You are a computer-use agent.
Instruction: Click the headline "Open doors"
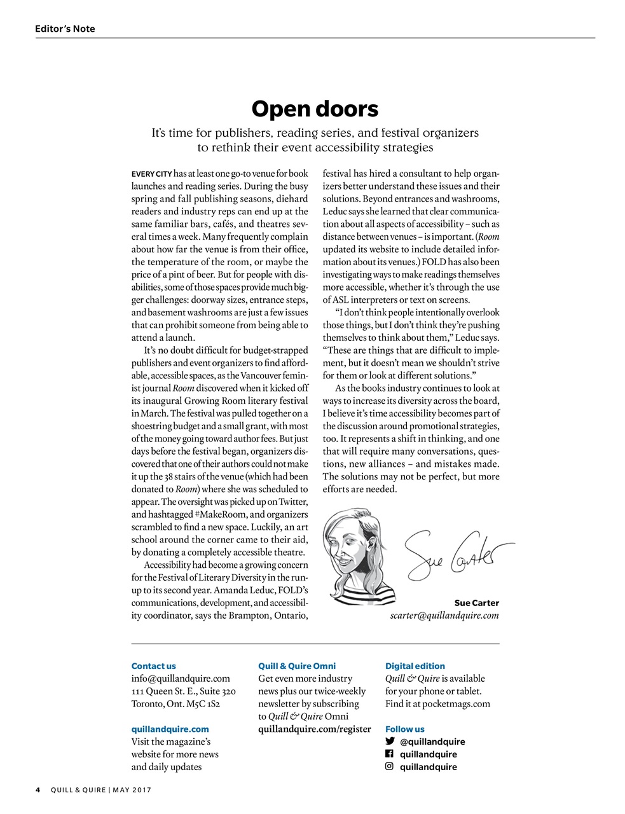(x=315, y=109)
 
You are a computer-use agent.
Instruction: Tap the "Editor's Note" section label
(x=65, y=29)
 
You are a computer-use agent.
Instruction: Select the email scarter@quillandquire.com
(x=444, y=616)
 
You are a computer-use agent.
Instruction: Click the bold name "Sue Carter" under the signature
(x=476, y=603)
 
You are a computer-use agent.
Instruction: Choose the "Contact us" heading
(x=153, y=666)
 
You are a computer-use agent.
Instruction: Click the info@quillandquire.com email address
(x=181, y=679)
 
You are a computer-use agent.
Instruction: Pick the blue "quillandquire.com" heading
(x=170, y=729)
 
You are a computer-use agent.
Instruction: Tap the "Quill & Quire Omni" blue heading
(x=297, y=666)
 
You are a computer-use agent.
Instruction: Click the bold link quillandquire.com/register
(x=314, y=729)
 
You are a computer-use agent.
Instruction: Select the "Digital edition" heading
(x=415, y=666)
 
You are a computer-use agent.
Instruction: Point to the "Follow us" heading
(x=404, y=729)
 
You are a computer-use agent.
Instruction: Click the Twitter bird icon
(x=390, y=742)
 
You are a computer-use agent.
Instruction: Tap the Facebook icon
(x=390, y=754)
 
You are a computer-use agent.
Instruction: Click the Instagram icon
(x=390, y=767)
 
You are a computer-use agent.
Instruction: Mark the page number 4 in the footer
(x=38, y=790)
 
